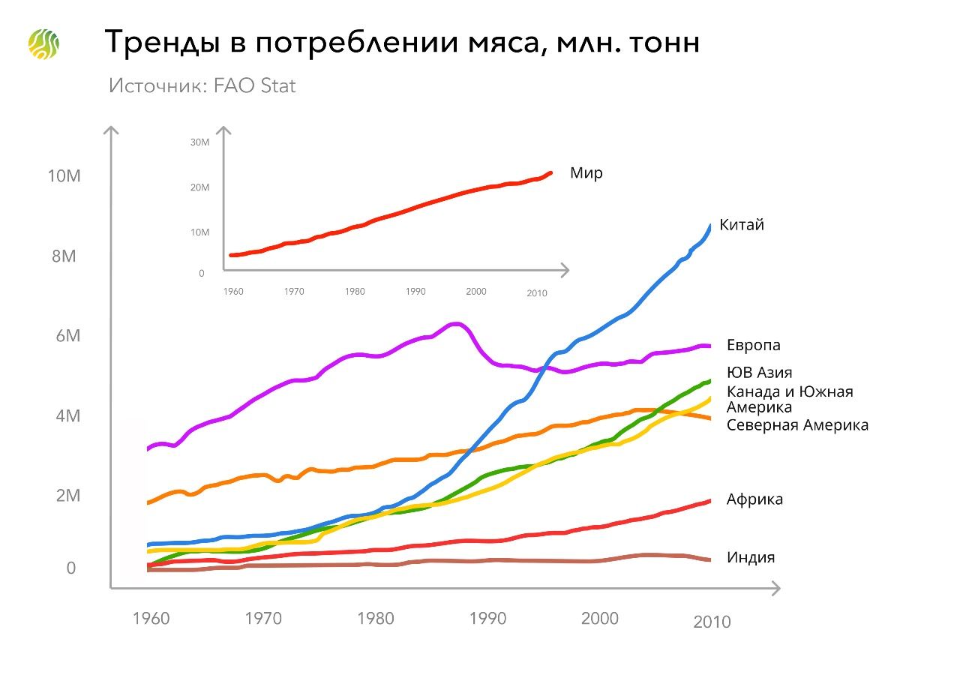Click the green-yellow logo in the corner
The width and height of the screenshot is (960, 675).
point(43,44)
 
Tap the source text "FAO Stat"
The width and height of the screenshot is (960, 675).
point(256,85)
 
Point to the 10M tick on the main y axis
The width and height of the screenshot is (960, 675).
point(63,176)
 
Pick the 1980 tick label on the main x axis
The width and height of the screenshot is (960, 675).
point(376,619)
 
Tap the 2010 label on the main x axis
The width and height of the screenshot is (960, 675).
point(712,622)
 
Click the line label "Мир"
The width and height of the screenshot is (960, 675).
point(586,173)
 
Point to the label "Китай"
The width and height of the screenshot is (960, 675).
point(741,224)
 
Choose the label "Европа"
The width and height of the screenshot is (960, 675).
point(753,345)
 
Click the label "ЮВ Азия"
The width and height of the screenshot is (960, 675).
point(759,372)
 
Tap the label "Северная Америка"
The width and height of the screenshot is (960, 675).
point(797,425)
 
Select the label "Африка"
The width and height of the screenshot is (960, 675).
point(754,499)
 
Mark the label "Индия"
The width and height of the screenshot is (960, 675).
point(750,557)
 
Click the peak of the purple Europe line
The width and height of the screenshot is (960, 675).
point(454,324)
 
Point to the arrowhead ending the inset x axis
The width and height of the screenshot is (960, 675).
point(565,269)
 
